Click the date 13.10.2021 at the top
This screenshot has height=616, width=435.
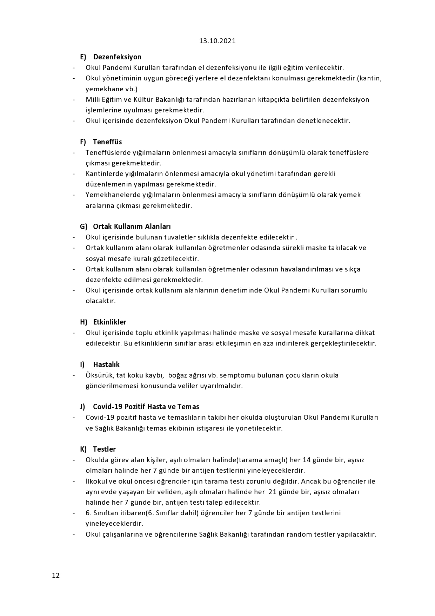coord(217,41)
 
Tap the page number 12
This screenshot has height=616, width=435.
coord(56,575)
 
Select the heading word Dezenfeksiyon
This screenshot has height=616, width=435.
coord(117,57)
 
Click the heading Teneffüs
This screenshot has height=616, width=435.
coord(107,142)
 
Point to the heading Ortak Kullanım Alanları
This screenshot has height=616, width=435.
coord(132,227)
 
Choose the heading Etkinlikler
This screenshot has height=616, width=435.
coord(109,322)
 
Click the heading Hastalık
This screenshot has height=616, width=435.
coord(106,365)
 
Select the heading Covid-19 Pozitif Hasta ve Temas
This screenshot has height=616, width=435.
coord(146,407)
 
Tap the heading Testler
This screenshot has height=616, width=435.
coord(104,449)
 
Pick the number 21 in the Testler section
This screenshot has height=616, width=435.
coord(272,492)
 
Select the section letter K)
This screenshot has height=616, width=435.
coord(83,449)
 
